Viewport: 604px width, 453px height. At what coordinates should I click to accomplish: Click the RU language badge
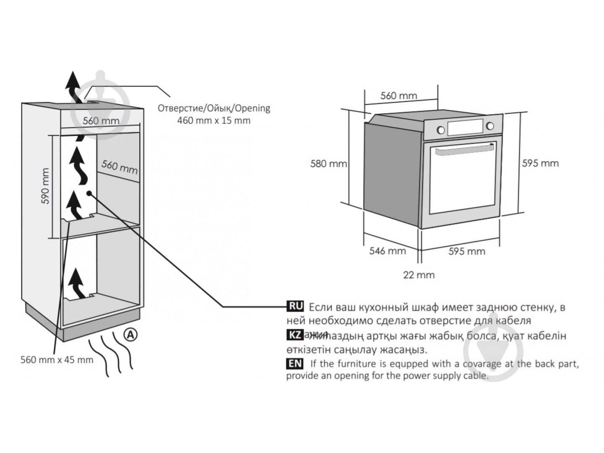(x=295, y=306)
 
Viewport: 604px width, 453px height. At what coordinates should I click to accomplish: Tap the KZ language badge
(x=294, y=335)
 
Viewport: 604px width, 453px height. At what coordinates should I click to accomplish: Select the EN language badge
(x=295, y=363)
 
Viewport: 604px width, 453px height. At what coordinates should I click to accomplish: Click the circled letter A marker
(x=131, y=334)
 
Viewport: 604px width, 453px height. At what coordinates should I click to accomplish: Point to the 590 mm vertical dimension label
(x=45, y=186)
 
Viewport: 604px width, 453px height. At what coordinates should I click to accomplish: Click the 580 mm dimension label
(x=328, y=163)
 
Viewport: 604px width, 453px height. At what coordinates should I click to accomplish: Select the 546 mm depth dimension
(x=387, y=251)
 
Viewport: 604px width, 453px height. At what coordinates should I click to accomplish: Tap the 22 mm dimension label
(x=419, y=275)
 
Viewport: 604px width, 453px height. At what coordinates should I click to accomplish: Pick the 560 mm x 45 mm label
(x=57, y=359)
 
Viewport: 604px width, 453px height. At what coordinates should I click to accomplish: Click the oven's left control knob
(x=441, y=130)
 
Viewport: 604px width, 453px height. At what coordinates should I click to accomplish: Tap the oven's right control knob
(x=489, y=126)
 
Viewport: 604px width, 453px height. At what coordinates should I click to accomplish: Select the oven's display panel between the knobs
(x=465, y=128)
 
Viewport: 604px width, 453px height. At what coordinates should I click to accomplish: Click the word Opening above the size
(x=253, y=108)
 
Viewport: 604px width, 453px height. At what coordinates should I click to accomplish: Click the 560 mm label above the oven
(x=398, y=96)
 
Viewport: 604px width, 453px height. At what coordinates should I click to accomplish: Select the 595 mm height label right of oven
(x=540, y=163)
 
